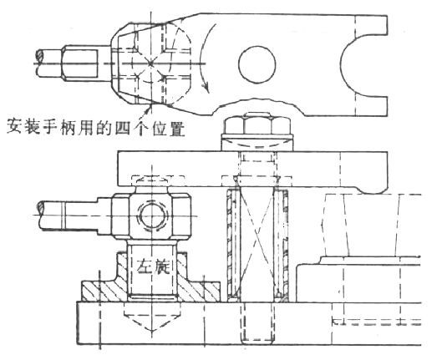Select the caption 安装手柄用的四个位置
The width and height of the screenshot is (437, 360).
coord(96,127)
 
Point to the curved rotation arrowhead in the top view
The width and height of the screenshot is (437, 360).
coord(206,87)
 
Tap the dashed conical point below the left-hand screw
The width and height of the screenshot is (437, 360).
coord(151,318)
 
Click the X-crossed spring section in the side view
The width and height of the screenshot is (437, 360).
coord(257,242)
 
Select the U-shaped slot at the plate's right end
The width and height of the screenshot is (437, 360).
coord(343,64)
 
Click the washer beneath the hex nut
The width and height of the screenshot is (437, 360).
coord(257,143)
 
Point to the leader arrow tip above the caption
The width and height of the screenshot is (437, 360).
coord(150,104)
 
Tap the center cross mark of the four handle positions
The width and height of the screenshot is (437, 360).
coord(150,63)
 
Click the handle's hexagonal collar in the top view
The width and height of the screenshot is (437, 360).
coord(79,63)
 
